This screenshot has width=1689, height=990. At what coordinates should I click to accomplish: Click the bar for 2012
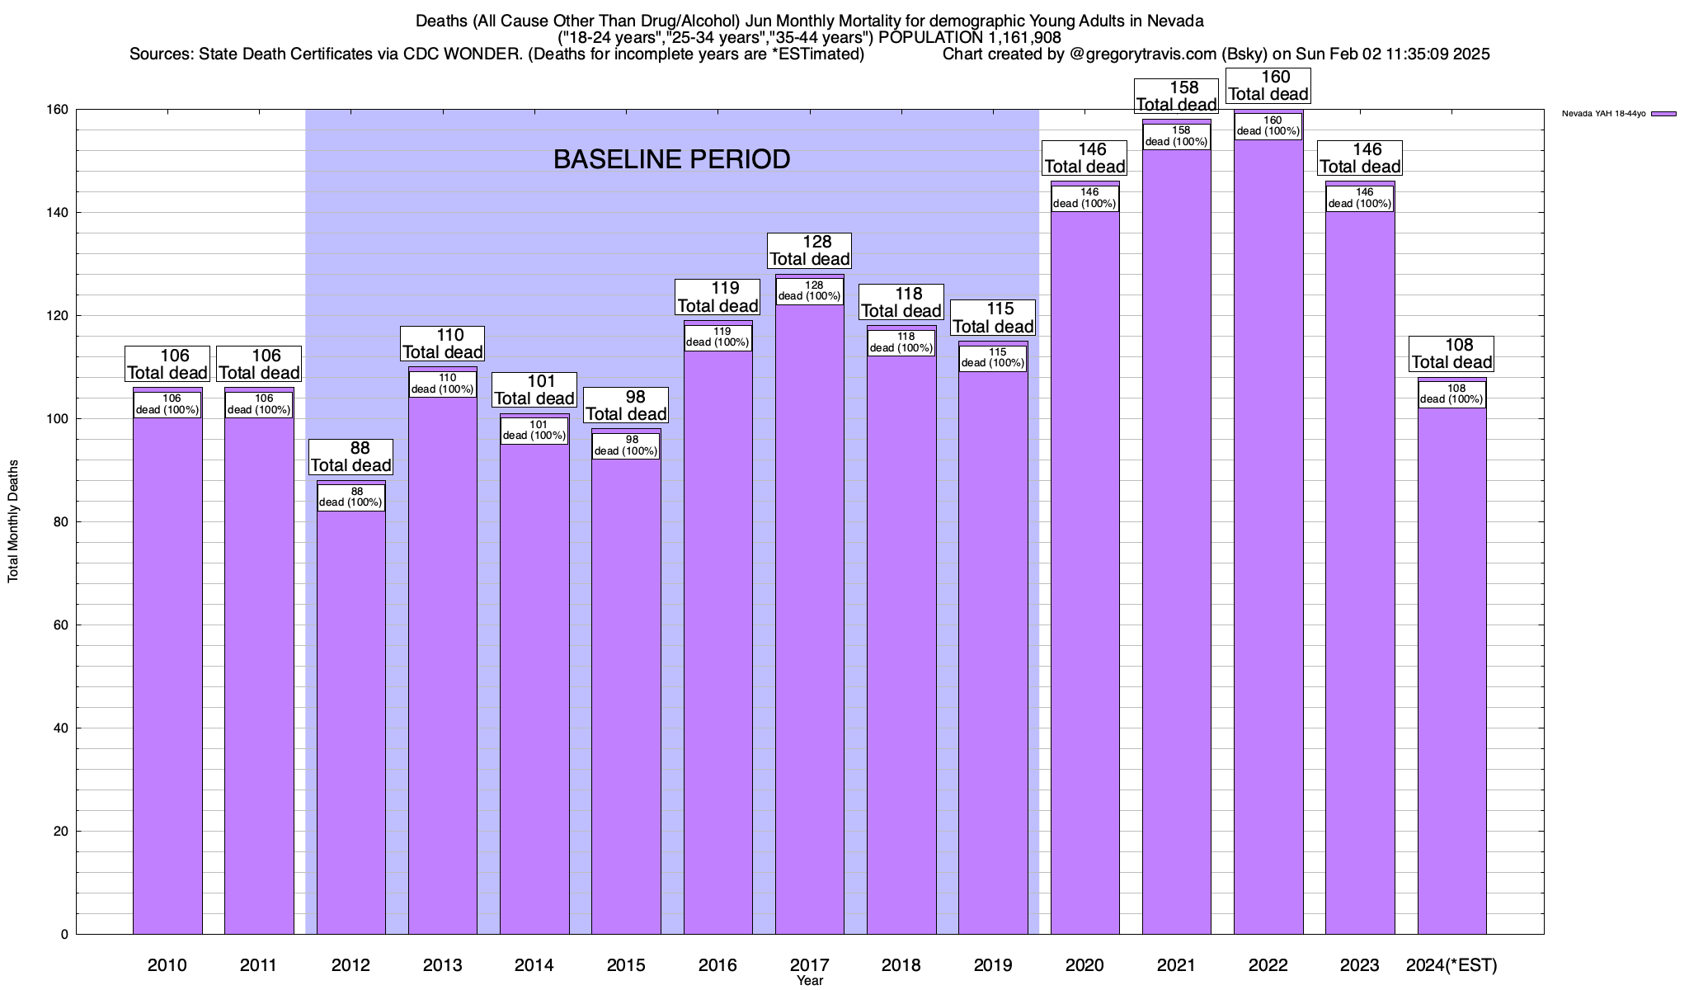[x=351, y=718]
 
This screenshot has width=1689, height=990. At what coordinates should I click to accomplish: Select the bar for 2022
[x=1268, y=536]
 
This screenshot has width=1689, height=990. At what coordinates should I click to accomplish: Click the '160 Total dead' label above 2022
[x=1268, y=86]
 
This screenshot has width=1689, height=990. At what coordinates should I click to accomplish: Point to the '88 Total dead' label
[x=351, y=456]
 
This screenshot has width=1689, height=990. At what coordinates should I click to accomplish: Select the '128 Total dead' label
[x=810, y=250]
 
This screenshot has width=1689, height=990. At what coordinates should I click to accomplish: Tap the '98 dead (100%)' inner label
[x=626, y=445]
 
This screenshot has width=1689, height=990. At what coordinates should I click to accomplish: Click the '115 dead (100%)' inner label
[x=993, y=358]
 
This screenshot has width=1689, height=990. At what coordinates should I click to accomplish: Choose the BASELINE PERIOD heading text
[x=671, y=159]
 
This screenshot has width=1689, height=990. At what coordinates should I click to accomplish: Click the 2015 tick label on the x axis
[x=626, y=965]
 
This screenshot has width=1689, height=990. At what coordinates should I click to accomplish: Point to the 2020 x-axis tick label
[x=1084, y=965]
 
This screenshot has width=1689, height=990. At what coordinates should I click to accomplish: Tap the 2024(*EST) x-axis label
[x=1451, y=965]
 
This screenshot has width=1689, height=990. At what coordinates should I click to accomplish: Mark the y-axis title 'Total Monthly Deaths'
[x=13, y=521]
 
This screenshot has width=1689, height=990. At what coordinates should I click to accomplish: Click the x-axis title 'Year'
[x=810, y=981]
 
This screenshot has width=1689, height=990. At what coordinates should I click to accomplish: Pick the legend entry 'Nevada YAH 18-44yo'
[x=1603, y=114]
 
